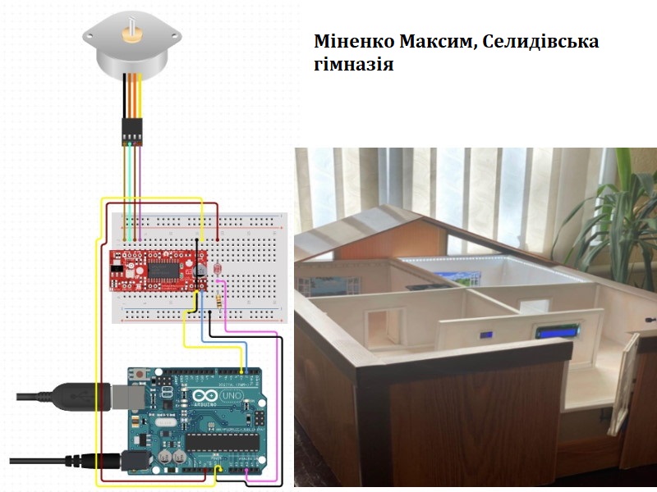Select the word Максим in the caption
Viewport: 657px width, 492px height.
tap(438, 42)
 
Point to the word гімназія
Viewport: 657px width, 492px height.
tap(353, 65)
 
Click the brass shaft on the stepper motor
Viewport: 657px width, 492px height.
tap(131, 35)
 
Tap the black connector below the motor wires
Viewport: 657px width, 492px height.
tap(131, 130)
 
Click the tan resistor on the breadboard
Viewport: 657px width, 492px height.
tap(217, 301)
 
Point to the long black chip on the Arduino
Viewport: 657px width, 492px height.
tap(222, 443)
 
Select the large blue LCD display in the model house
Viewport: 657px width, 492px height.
tap(558, 333)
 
